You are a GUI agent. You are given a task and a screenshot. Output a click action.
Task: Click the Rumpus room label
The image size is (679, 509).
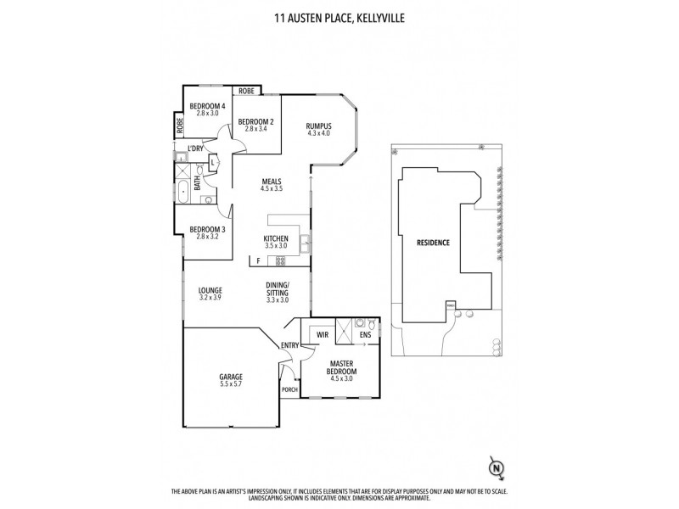pos(318,130)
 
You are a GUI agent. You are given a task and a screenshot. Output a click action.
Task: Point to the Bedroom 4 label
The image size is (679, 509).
pos(207,109)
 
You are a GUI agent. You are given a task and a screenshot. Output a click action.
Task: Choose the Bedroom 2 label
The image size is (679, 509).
pos(255,126)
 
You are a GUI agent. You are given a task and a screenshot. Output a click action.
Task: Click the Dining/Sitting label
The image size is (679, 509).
pos(278,291)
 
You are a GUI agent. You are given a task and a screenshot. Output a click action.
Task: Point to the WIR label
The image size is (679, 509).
pos(322,335)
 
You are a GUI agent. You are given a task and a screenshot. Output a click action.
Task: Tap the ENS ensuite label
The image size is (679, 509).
pos(365,336)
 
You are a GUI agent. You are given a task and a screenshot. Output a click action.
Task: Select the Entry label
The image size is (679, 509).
pos(290,344)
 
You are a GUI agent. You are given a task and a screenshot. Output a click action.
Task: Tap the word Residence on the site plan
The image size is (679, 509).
pos(432,243)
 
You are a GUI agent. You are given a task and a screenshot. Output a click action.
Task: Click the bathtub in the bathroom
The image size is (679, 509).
pos(183,191)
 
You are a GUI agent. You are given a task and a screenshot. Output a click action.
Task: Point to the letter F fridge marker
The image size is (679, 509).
pos(255,261)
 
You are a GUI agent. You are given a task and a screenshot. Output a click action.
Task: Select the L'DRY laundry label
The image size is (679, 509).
pos(195,148)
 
